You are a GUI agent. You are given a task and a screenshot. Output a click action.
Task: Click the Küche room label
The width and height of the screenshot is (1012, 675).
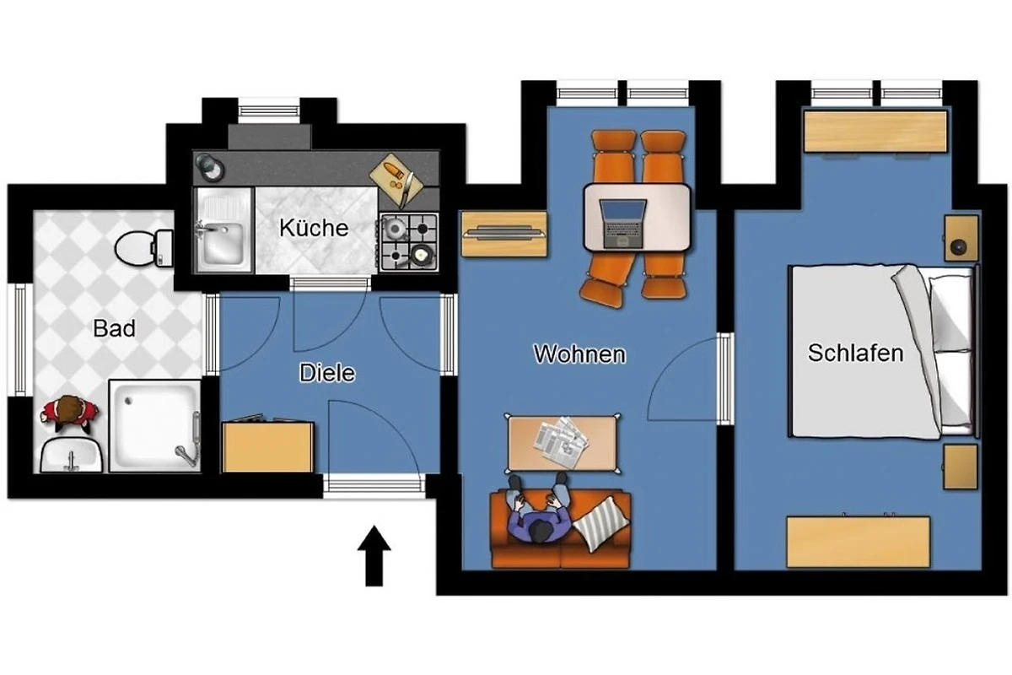click(314, 228)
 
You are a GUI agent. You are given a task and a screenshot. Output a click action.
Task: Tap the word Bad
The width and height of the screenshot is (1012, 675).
click(114, 328)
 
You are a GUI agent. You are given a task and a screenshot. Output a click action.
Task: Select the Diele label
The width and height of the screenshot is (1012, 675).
click(327, 373)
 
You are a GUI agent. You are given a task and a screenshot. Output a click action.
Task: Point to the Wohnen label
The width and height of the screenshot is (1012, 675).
click(579, 354)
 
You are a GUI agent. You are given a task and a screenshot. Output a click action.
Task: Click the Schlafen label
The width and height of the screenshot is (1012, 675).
click(856, 353)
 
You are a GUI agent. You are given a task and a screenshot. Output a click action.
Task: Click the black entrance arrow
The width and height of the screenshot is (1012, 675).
click(374, 556)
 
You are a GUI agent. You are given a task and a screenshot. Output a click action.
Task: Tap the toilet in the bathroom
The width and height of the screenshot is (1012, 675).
click(143, 248)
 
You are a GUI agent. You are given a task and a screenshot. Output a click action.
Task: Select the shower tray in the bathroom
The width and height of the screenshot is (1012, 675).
click(154, 426)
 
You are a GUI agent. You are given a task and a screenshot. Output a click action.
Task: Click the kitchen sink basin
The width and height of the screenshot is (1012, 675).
click(223, 243)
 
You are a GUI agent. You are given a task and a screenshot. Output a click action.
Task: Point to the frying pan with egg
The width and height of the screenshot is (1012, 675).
click(420, 256)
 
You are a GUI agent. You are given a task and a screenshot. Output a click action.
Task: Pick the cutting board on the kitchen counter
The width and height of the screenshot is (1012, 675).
click(396, 179)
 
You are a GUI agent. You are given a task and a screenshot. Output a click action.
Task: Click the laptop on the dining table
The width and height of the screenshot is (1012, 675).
click(623, 224)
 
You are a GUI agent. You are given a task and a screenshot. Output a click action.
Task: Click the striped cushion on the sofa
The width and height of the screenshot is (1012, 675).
click(600, 524)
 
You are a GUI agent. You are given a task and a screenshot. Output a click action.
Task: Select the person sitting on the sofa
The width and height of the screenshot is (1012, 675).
click(538, 512)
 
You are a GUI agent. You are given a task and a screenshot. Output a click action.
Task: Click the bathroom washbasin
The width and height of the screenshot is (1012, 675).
click(72, 456)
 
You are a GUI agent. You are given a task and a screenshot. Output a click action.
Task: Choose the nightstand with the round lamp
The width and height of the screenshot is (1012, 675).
click(961, 238)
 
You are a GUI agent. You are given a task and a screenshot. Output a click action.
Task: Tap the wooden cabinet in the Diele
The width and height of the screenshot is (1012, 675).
click(267, 446)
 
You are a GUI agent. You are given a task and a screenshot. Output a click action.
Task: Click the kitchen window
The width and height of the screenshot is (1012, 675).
click(269, 111)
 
